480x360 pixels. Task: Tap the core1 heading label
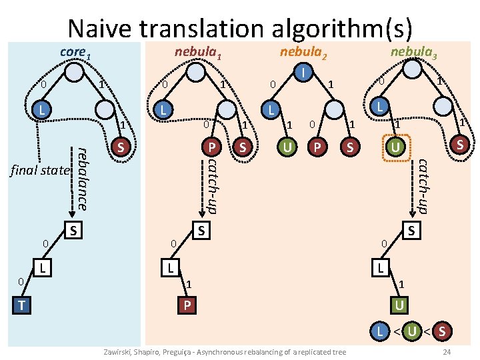(x=73, y=51)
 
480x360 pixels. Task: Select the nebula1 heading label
(x=197, y=51)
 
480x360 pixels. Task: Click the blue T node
(x=23, y=304)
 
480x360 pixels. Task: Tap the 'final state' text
(x=40, y=171)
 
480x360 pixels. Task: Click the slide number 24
(x=447, y=351)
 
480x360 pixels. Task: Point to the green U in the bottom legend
(x=413, y=330)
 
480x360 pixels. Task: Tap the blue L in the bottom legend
(x=379, y=330)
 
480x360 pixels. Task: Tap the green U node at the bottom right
(x=399, y=304)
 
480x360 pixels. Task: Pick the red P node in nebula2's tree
(x=318, y=146)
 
